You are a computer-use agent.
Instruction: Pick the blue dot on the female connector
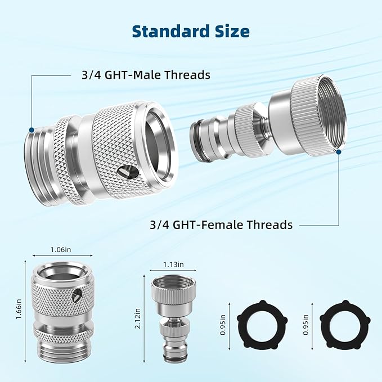[x=340, y=151]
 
